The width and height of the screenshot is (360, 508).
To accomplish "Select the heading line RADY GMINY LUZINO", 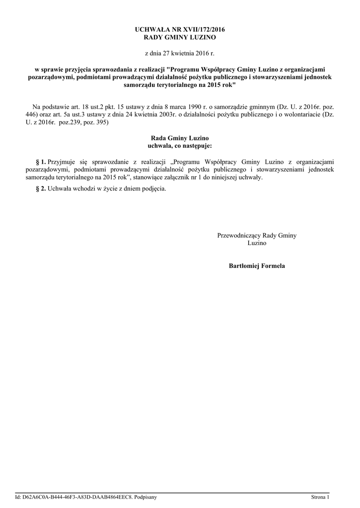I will coord(180,38).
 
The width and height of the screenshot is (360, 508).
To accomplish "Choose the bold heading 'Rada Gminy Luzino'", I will coord(180,138).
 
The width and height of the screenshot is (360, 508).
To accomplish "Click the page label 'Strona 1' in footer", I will coord(320,497).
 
